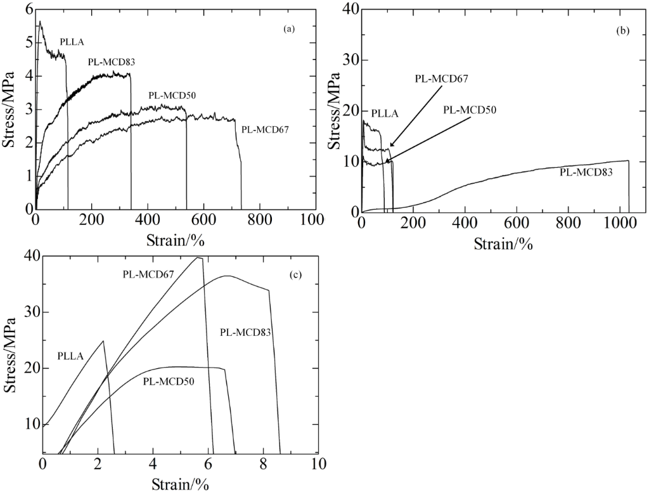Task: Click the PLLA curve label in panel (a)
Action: pyautogui.click(x=72, y=42)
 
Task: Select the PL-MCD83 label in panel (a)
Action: pyautogui.click(x=112, y=62)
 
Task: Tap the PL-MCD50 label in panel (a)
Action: pyautogui.click(x=172, y=96)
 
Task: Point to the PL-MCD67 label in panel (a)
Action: pyautogui.click(x=265, y=129)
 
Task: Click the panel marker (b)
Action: pyautogui.click(x=622, y=30)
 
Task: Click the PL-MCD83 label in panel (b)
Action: pyautogui.click(x=586, y=171)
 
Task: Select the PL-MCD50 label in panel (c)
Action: pyautogui.click(x=168, y=382)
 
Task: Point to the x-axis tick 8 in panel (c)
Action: pyautogui.click(x=263, y=463)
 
